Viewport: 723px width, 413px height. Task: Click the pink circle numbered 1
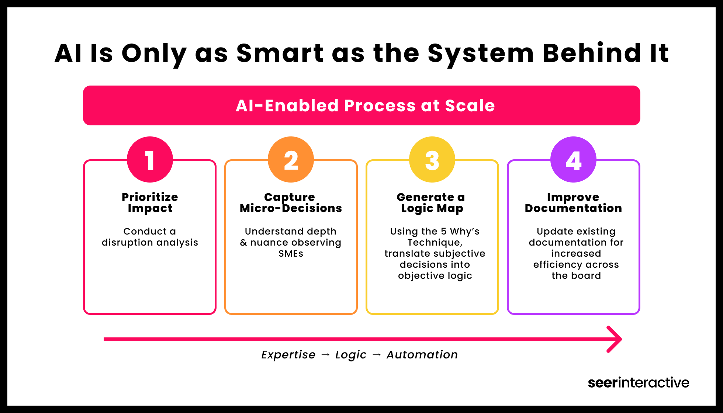tap(150, 160)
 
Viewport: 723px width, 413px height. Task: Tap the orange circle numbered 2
tap(291, 160)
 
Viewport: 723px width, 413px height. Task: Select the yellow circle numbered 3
tap(432, 160)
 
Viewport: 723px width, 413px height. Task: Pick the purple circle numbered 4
tap(573, 160)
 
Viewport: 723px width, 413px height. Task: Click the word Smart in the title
tap(280, 53)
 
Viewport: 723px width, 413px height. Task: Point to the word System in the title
tap(481, 54)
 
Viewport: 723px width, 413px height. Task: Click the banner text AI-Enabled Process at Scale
tap(365, 106)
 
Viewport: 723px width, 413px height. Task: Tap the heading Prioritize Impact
tap(150, 202)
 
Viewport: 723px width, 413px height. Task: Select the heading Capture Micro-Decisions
tap(291, 202)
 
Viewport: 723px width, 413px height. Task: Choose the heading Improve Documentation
tap(573, 202)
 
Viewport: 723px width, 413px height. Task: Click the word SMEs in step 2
tap(291, 254)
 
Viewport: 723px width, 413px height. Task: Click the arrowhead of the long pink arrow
tap(615, 339)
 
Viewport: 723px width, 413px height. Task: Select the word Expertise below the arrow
tap(288, 355)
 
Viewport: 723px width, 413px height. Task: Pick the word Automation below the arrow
tap(422, 355)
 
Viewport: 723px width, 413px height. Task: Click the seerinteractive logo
tap(638, 383)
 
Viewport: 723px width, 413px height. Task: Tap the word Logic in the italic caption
tap(351, 355)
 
